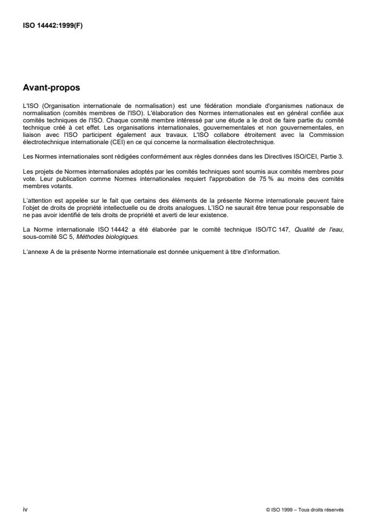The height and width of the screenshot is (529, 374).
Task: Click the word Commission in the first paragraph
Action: pyautogui.click(x=327, y=135)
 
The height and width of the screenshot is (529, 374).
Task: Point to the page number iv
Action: pyautogui.click(x=25, y=510)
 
